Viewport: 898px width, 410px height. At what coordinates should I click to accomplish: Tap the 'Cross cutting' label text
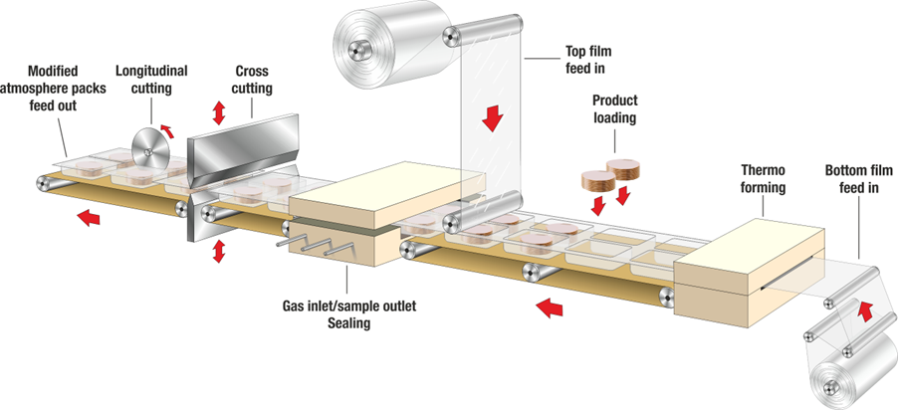click(x=252, y=80)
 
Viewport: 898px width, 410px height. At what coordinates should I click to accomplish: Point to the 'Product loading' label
click(x=614, y=109)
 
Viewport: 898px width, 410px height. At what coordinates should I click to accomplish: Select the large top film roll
click(x=383, y=40)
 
